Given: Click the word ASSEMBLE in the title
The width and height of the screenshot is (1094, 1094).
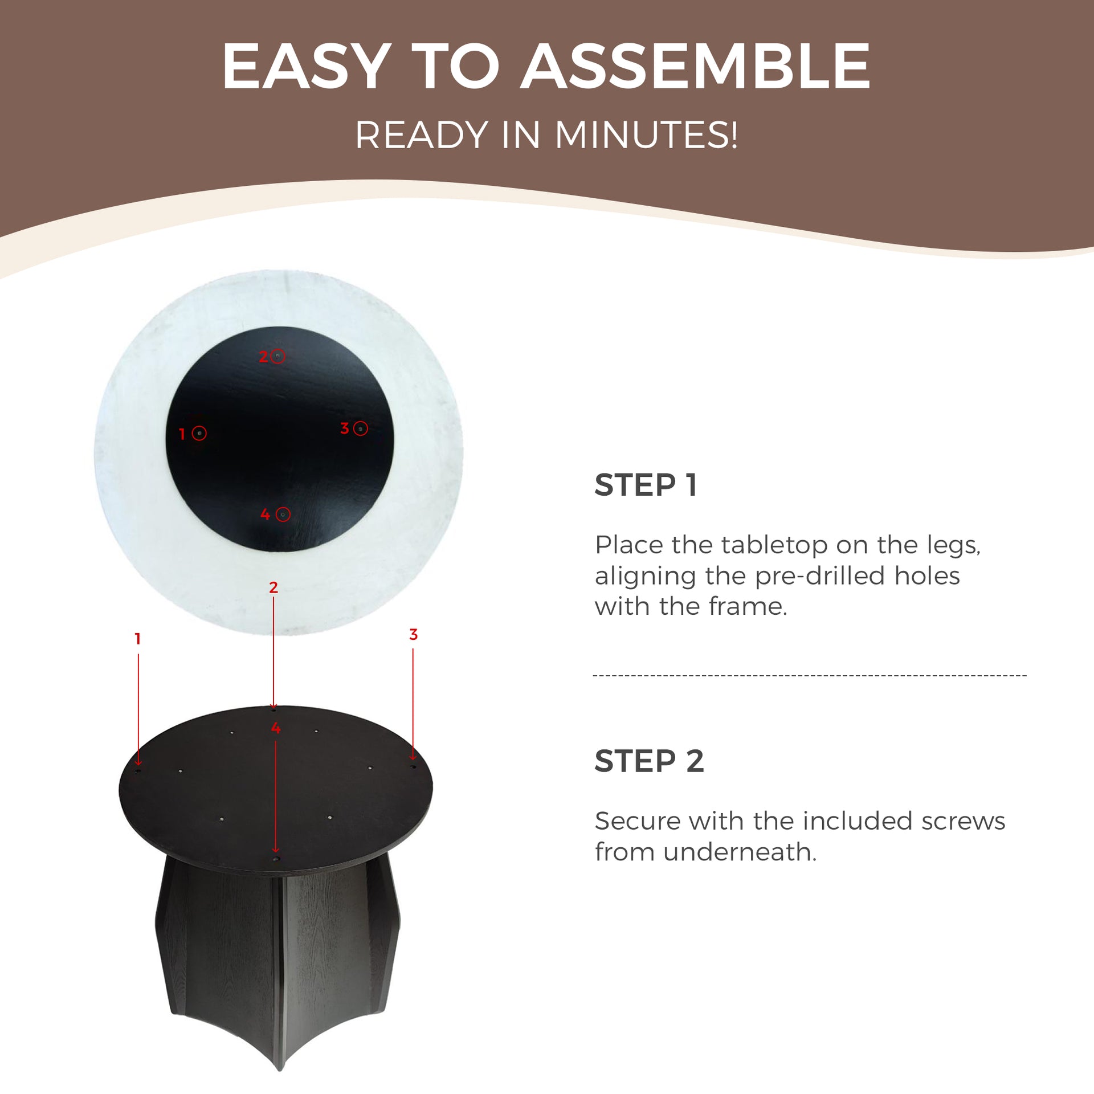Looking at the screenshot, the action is (x=696, y=67).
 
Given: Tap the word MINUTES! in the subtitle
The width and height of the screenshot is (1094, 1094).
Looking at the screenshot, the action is (x=646, y=135).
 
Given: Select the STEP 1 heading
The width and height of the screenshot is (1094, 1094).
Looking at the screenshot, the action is (x=646, y=485).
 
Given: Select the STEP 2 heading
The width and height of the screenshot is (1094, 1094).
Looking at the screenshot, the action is (x=649, y=761).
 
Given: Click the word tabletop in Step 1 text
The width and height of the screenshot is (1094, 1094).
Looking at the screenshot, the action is (x=749, y=545).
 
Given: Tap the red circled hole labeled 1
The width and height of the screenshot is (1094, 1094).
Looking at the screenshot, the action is (x=199, y=433).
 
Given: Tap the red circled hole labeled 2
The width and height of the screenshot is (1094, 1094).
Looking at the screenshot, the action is (x=278, y=357).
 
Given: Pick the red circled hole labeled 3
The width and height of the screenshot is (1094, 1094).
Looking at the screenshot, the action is (x=360, y=428).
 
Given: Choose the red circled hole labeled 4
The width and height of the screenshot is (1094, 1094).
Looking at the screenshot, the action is (x=283, y=515).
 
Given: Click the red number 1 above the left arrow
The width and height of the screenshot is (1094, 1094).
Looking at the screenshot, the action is (x=137, y=639).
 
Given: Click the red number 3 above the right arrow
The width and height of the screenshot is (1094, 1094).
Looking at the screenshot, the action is (x=414, y=634).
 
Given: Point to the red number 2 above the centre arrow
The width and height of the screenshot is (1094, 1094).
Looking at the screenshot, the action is (x=273, y=587).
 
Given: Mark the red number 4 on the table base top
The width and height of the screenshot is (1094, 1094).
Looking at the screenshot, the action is (x=276, y=728).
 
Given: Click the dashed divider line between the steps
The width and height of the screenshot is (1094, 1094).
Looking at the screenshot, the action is (x=810, y=676).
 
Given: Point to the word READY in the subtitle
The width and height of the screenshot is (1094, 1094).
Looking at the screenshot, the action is (x=422, y=135).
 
